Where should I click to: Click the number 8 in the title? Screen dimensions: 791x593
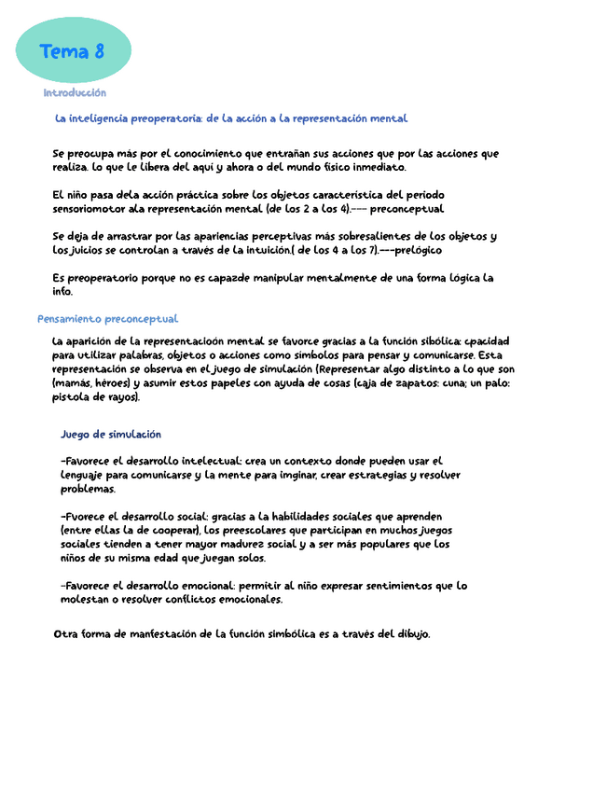pos(98,52)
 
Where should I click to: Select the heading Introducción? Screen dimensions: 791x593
pos(75,93)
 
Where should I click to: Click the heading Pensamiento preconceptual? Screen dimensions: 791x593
pos(107,319)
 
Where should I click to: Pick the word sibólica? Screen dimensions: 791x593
pos(435,341)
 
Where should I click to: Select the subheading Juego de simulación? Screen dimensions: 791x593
pos(111,434)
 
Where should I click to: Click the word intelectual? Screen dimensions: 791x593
pos(208,461)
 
